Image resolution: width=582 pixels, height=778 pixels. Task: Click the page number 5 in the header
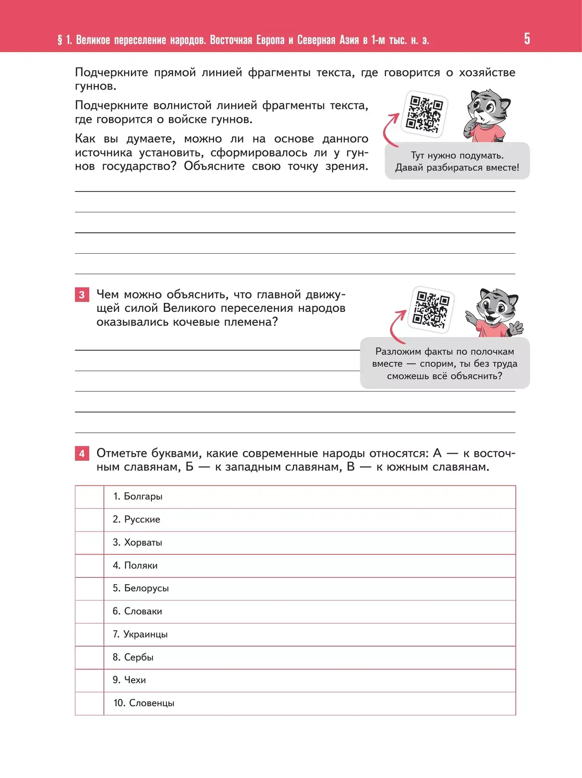[x=527, y=39]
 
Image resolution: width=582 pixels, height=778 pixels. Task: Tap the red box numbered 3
[x=82, y=294]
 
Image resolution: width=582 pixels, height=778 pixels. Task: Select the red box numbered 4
[x=82, y=454]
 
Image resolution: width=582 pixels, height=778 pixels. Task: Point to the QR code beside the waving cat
[x=432, y=309]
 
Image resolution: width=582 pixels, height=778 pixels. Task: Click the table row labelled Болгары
[x=143, y=496]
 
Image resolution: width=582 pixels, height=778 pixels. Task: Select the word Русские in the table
[x=142, y=519]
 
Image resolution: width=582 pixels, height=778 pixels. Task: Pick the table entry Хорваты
[x=143, y=542]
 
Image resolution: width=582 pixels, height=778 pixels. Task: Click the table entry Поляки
[x=141, y=566]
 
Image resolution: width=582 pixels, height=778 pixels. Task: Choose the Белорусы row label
[x=146, y=588]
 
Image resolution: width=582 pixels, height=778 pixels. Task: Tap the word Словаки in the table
[x=143, y=612]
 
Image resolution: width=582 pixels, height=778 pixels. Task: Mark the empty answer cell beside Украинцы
[x=89, y=634]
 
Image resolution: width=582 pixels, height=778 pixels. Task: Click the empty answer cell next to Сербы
[x=89, y=657]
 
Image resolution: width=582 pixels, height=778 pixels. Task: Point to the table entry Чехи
[x=135, y=680]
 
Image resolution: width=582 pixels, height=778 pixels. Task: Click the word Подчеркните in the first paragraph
[x=112, y=73]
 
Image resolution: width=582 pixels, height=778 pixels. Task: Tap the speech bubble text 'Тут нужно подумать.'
[x=457, y=156]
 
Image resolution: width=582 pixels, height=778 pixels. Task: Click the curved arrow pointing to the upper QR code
[x=390, y=129]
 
